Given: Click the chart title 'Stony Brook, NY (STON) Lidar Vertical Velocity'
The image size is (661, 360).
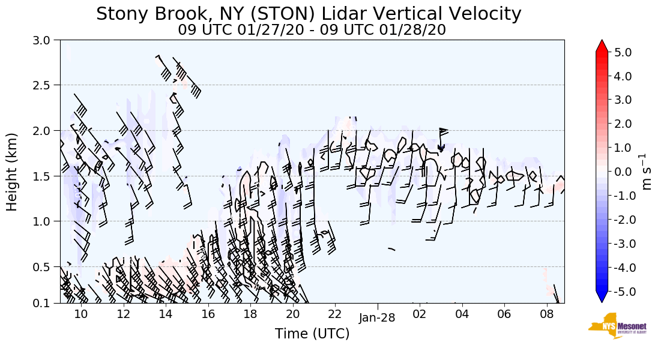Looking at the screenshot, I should click(309, 13).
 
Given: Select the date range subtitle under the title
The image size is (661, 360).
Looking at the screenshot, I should click(312, 29).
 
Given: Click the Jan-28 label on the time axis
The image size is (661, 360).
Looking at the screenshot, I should click(377, 318).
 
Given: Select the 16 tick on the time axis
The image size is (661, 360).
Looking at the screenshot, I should click(208, 314).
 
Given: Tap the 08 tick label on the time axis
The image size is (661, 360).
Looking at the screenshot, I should click(546, 314).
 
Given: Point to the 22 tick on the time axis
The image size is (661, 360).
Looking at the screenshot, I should click(335, 314).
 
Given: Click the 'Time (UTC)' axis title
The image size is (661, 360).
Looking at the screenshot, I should click(312, 334).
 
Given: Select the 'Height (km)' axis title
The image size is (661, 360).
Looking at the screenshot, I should click(12, 172).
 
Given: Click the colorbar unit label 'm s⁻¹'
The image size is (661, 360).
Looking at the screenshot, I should click(647, 172).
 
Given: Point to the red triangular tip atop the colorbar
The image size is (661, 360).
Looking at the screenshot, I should click(602, 46).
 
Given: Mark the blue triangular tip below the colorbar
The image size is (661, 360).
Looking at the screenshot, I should click(602, 297).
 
